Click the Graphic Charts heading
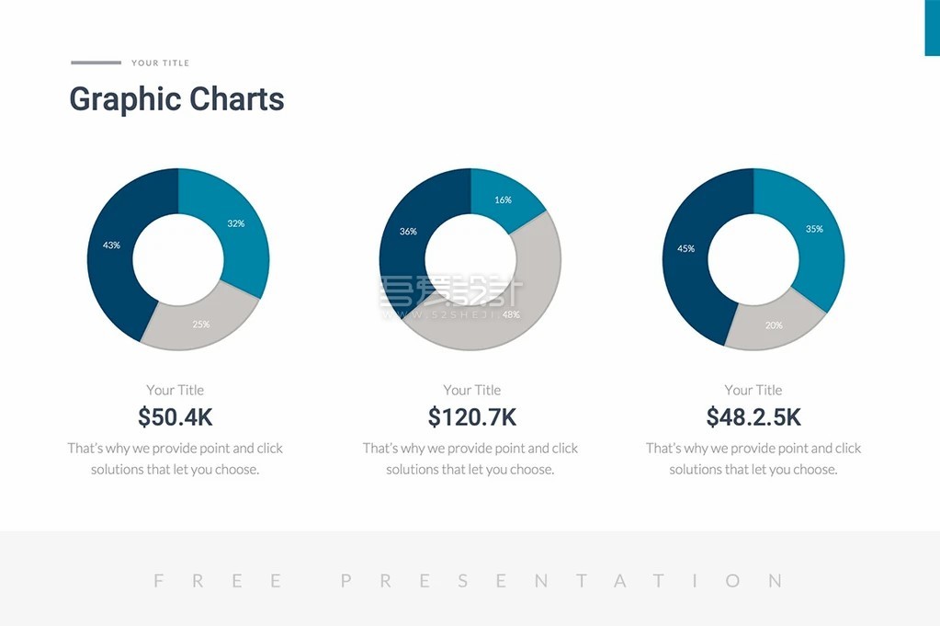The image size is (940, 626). tap(177, 99)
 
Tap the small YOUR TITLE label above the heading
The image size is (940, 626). tap(160, 63)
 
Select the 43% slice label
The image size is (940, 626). tap(111, 245)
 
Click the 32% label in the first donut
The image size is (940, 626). tap(236, 223)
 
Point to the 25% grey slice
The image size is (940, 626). tap(201, 324)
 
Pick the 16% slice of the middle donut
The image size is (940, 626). tap(503, 199)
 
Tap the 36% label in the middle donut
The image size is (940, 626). tap(408, 232)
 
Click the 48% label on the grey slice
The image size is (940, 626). tap(511, 314)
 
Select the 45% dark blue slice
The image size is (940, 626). tap(685, 248)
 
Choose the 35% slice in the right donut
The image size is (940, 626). tap(814, 229)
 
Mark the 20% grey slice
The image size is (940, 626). tap(774, 324)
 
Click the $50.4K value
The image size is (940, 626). tap(176, 417)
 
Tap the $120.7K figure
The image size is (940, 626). tap(472, 417)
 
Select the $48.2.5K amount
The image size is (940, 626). tap(753, 417)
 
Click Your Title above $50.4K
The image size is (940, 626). tap(176, 390)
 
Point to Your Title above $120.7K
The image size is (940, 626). tap(472, 390)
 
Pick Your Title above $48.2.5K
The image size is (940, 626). tap(753, 390)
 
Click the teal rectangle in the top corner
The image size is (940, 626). tap(932, 28)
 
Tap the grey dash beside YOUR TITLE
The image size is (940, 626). tap(96, 63)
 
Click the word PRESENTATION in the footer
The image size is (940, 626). tap(561, 581)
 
